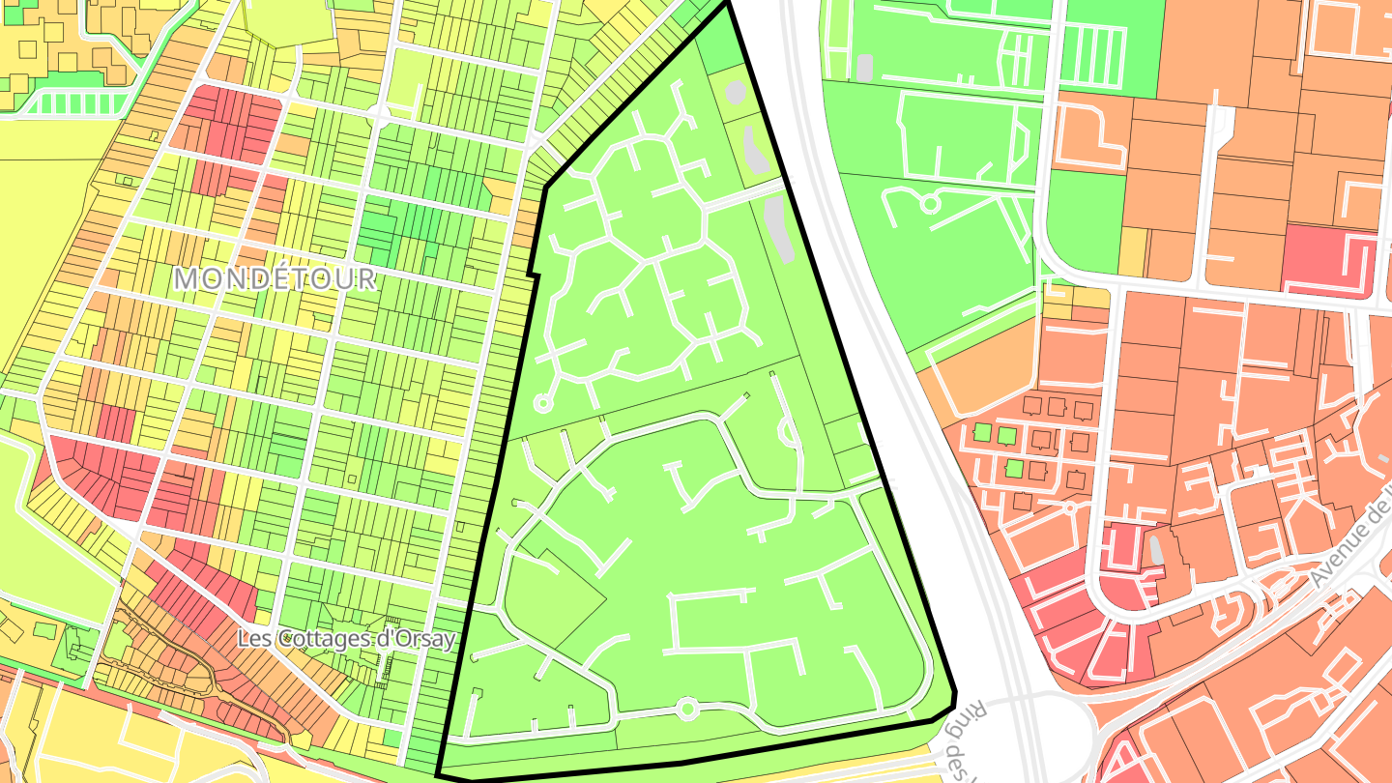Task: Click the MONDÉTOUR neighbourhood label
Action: pos(275,279)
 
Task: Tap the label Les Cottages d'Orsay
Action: pos(346,639)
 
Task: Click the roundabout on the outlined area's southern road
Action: pos(687,710)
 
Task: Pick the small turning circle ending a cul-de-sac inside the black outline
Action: pos(542,403)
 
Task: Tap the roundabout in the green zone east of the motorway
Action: pos(930,204)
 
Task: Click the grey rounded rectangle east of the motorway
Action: pos(864,68)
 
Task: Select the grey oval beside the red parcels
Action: pos(1154,549)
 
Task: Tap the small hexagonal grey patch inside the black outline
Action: pos(736,92)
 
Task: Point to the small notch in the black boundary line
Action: pos(532,271)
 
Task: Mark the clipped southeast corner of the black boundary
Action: pos(951,700)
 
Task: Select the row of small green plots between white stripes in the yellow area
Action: pos(77,103)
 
